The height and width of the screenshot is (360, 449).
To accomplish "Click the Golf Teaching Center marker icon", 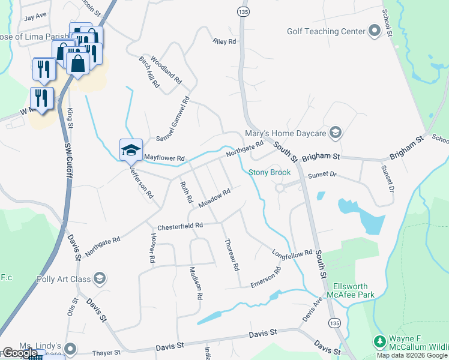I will tap(375, 31).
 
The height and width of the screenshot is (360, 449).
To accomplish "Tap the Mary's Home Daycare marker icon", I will tap(336, 133).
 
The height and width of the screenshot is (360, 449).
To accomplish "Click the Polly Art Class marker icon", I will tap(99, 278).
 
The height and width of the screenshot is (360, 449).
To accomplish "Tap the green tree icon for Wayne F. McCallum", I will tap(379, 341).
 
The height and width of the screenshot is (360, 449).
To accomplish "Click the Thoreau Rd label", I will tap(232, 254).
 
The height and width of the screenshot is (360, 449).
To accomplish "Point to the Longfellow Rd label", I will tap(292, 253).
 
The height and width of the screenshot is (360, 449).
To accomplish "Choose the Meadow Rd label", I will tap(215, 200).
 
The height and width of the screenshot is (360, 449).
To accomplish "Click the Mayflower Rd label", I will tap(164, 158).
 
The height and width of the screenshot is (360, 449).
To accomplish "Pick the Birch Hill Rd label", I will tap(148, 73).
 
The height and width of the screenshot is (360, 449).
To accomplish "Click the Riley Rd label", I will tap(225, 42).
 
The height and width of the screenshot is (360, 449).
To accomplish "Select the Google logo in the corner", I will tap(20, 353).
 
